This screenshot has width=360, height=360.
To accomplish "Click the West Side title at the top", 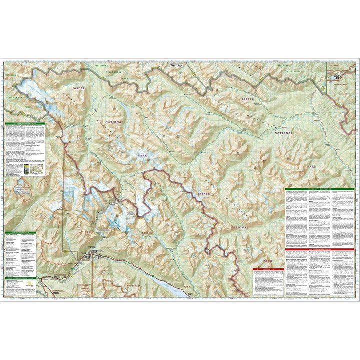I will pos(176,65).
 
